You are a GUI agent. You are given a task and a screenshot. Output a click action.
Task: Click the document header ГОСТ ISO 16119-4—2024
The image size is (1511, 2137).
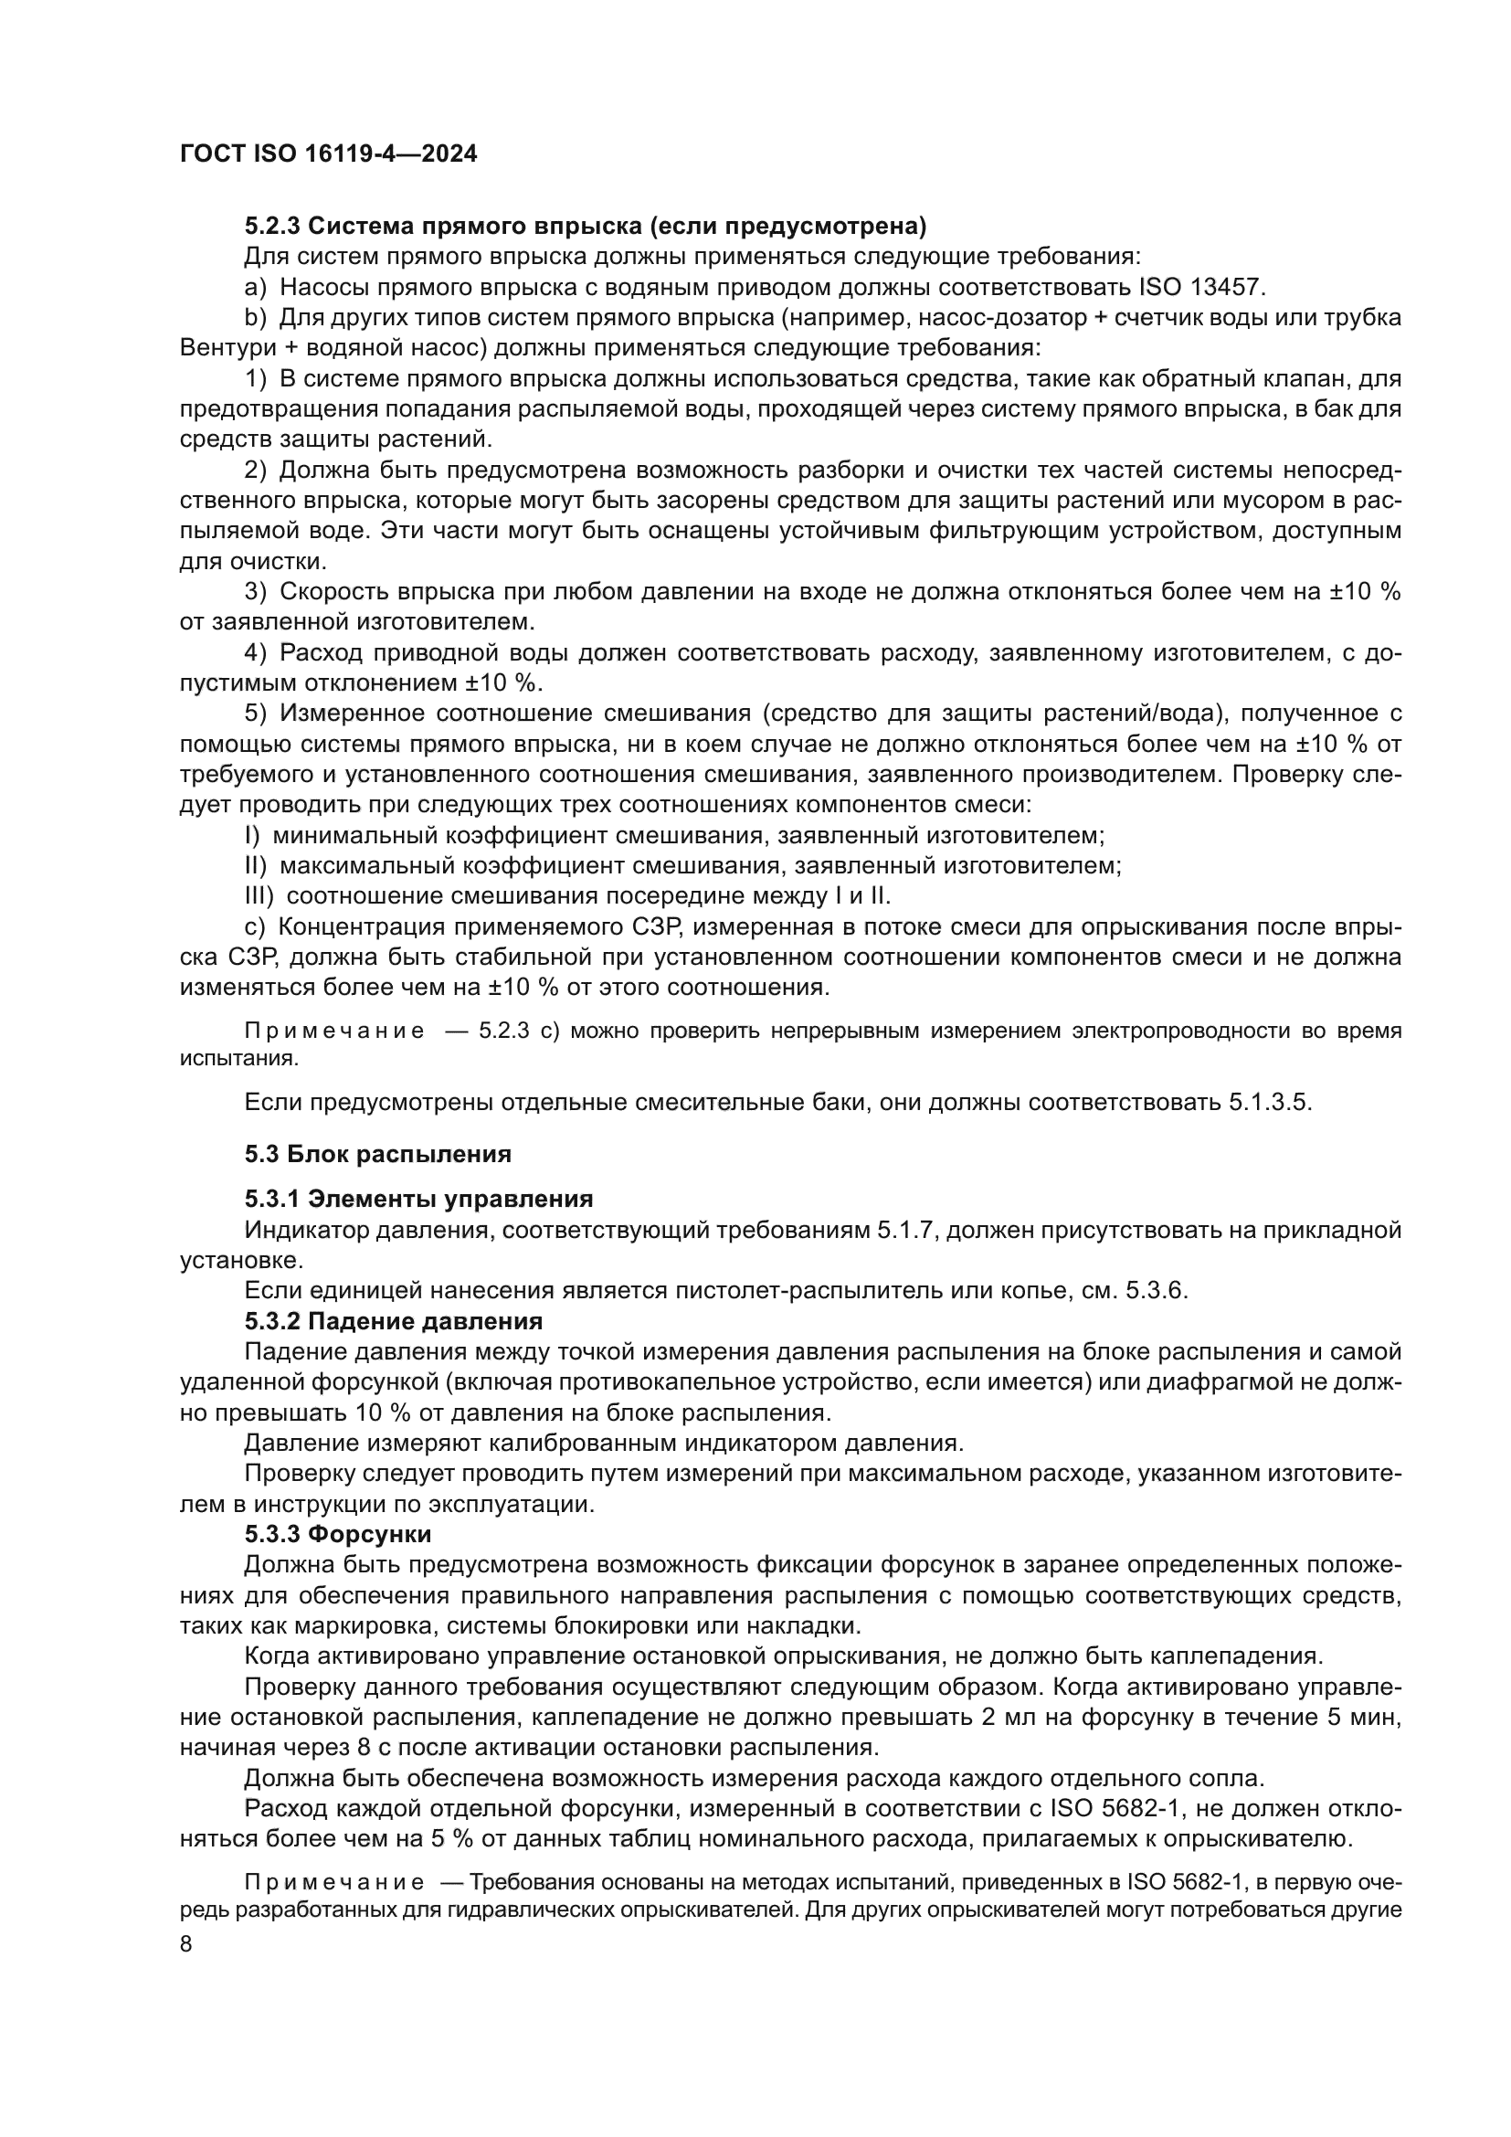[329, 154]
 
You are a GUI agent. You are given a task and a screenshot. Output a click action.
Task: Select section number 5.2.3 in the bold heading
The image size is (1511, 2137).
[272, 227]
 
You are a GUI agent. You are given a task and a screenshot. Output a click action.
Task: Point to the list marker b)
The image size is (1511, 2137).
[256, 317]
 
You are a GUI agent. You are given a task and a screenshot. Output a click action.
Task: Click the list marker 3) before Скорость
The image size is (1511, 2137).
[256, 592]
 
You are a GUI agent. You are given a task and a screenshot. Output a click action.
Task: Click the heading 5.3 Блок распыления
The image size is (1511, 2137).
[378, 1154]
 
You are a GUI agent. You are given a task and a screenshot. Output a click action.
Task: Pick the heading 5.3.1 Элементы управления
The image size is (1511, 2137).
[418, 1199]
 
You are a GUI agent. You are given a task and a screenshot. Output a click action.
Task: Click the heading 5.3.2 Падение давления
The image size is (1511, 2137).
[394, 1322]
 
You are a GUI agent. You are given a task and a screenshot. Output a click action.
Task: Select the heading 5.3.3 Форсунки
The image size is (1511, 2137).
[338, 1534]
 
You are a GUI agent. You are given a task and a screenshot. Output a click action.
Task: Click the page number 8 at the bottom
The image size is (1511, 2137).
[186, 1945]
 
